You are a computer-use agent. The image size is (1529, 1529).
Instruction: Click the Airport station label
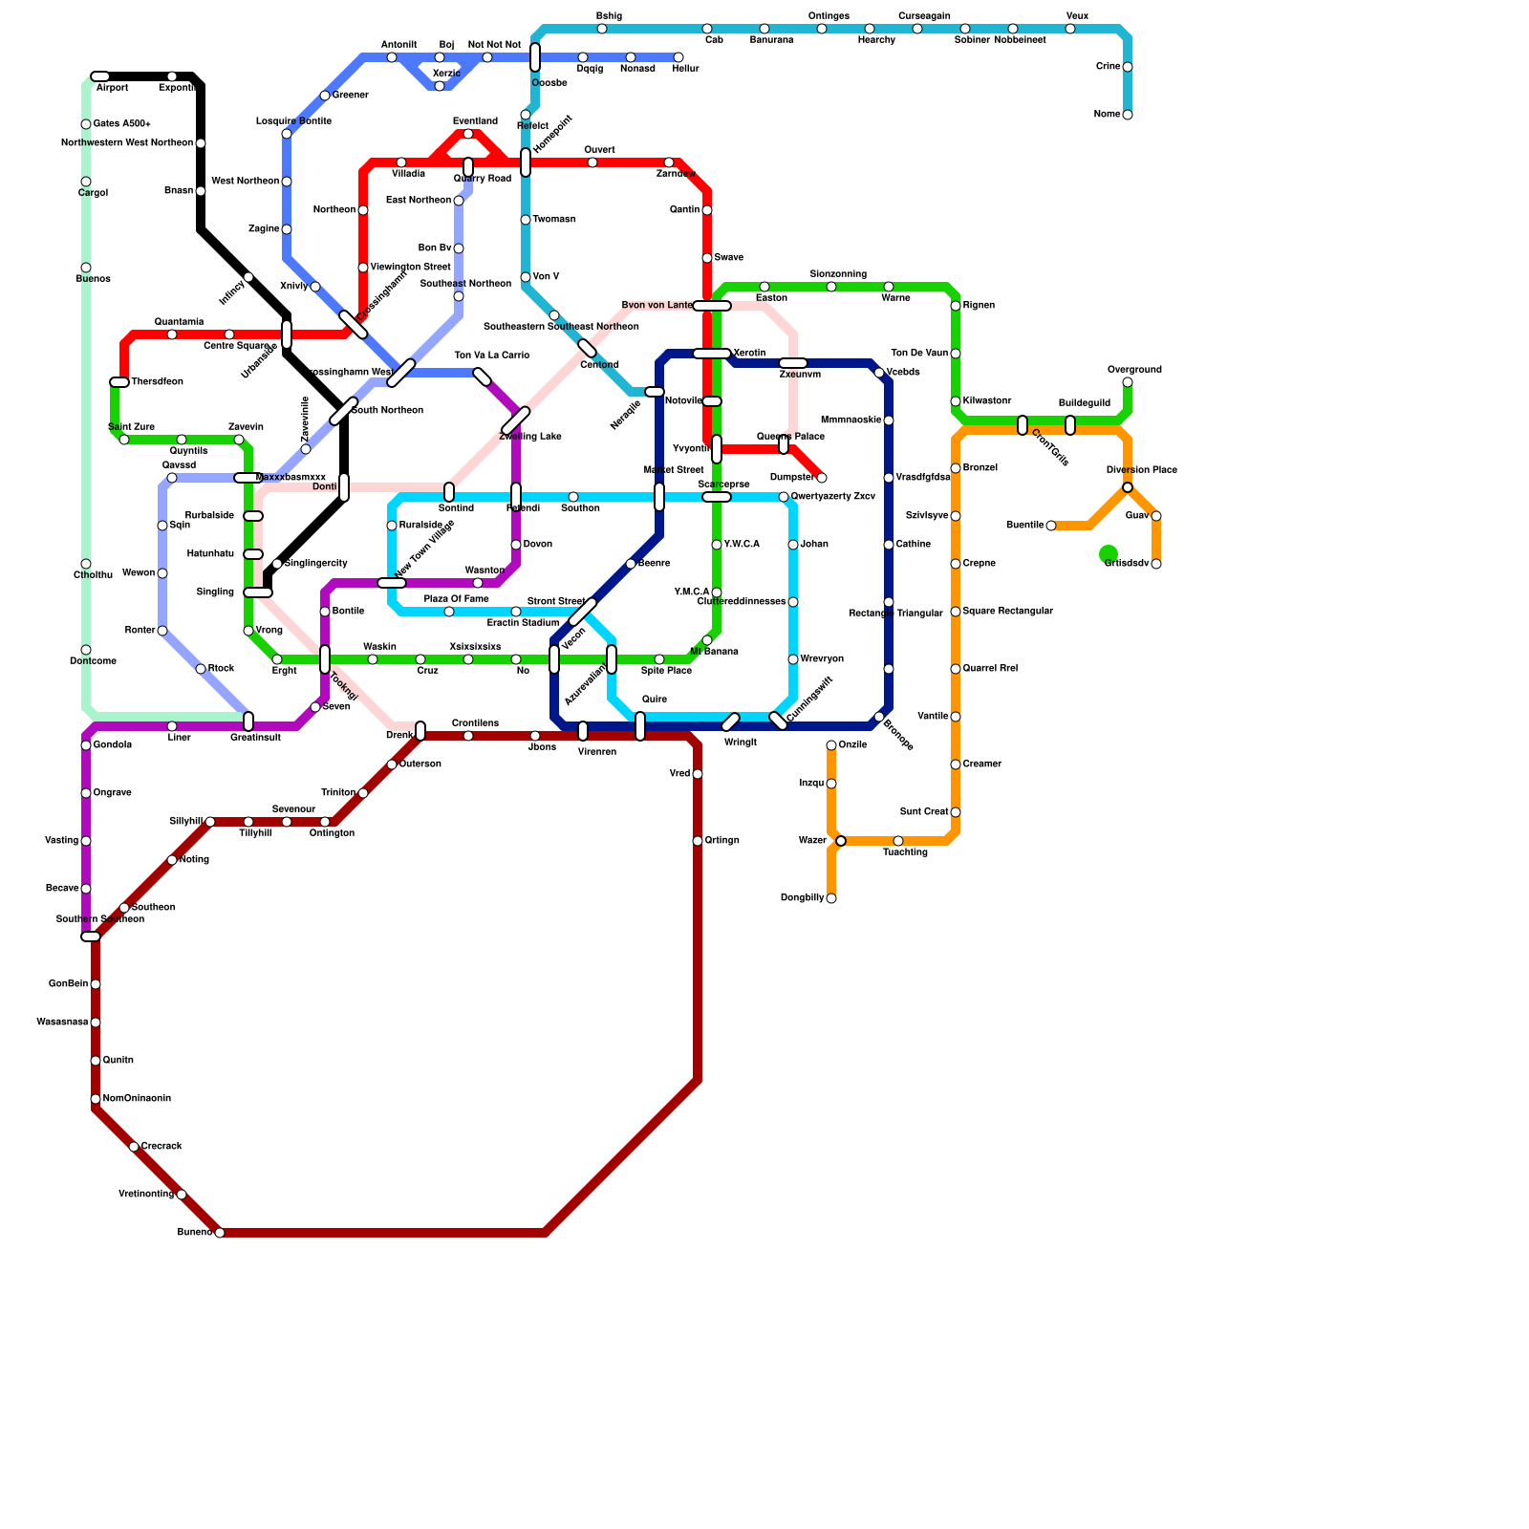(x=112, y=88)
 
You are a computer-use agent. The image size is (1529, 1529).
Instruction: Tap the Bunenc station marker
(x=220, y=1233)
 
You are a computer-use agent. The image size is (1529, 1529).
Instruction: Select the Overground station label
(x=1134, y=370)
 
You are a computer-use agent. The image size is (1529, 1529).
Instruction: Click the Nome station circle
(x=1128, y=115)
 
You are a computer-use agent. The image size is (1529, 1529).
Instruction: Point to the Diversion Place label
(x=1141, y=470)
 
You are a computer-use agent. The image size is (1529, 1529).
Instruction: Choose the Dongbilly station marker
(x=831, y=898)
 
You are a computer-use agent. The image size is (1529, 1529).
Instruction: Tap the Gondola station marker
(x=86, y=745)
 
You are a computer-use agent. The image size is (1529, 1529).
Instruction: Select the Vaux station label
(x=1077, y=16)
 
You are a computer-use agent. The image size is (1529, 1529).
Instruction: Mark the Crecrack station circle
(x=134, y=1147)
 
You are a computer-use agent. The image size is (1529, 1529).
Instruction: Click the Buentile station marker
(x=1051, y=526)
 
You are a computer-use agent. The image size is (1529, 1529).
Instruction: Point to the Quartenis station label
(x=179, y=322)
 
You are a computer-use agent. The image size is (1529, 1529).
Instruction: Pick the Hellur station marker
(x=678, y=57)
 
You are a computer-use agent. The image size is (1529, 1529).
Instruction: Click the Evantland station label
(x=475, y=121)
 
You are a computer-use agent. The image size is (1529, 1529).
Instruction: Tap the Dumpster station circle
(x=822, y=478)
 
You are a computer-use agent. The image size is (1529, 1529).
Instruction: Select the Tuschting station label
(x=905, y=852)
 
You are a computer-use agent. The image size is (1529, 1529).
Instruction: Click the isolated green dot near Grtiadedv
(x=1109, y=553)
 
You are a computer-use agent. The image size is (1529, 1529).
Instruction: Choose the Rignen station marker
(x=956, y=306)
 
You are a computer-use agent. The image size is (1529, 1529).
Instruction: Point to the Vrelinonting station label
(x=146, y=1195)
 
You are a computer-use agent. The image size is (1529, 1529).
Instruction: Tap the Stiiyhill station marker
(x=210, y=822)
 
